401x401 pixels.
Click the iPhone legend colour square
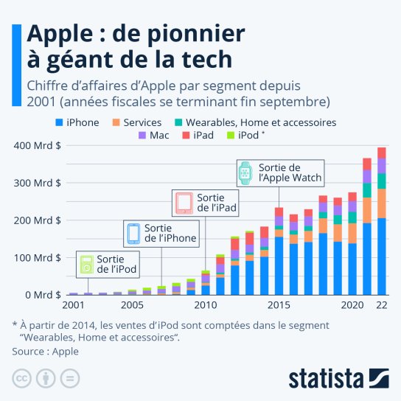(x=59, y=122)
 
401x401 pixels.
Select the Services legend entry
(x=137, y=122)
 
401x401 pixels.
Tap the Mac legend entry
(x=154, y=135)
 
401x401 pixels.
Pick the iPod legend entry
(x=245, y=135)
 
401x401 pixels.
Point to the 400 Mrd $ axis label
(x=38, y=145)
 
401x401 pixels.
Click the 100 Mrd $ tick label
(x=38, y=258)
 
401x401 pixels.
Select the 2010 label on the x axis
(x=206, y=305)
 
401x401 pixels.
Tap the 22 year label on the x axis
(x=382, y=305)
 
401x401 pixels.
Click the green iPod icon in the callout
(x=87, y=265)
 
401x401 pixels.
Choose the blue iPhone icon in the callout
(x=133, y=234)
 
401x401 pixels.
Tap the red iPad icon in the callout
(x=184, y=203)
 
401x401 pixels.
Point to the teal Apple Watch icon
(x=245, y=173)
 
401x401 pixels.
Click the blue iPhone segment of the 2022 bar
(x=382, y=257)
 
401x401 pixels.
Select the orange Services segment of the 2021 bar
(x=367, y=211)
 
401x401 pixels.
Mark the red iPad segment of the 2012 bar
(x=234, y=244)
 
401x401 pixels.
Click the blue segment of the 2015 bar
(x=279, y=266)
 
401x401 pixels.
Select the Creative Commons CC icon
(x=21, y=378)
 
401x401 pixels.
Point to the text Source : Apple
(x=45, y=352)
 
